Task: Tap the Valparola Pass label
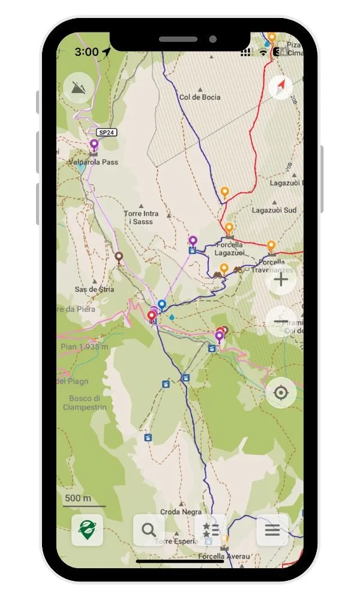point(93,162)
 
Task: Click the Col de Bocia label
point(200,97)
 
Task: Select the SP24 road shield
point(106,132)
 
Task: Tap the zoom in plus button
point(281,280)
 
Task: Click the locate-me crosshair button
point(281,394)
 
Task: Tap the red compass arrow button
point(281,88)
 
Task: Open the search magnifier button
point(149,530)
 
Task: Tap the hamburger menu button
point(272,530)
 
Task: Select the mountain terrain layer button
point(79,88)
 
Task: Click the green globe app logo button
point(87,530)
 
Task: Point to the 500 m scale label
point(78,499)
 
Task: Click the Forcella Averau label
point(223,557)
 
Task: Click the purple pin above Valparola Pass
point(94,145)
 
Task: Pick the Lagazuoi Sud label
point(274,210)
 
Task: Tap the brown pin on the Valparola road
point(119,257)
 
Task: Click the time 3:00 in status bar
point(86,52)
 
